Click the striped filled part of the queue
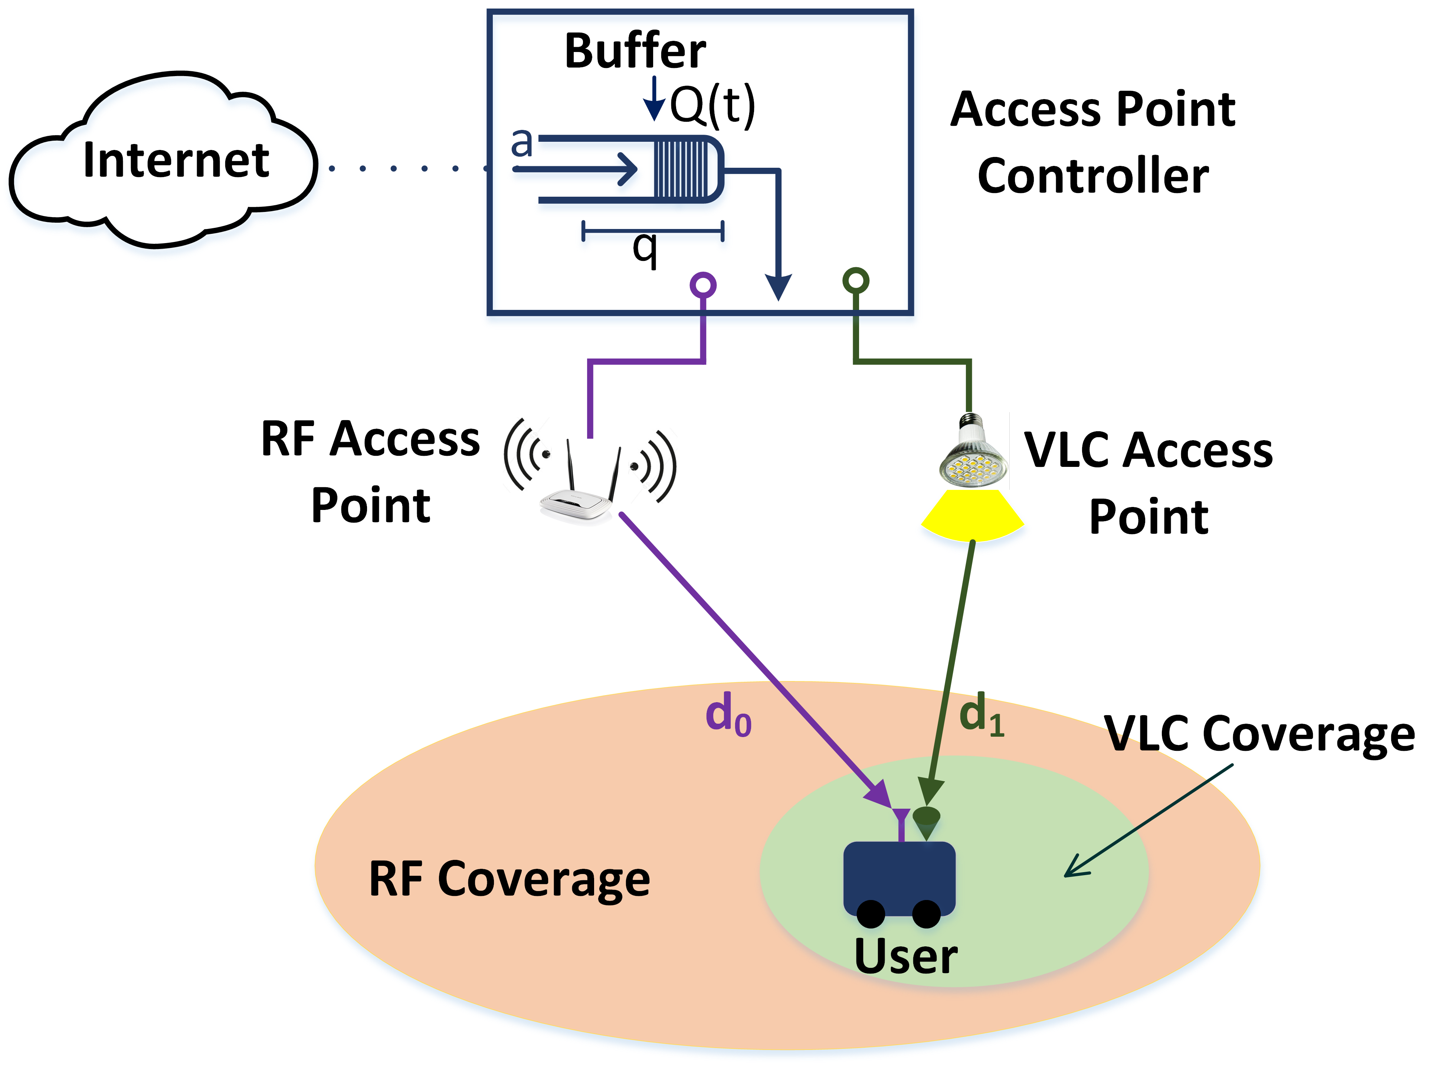coord(681,169)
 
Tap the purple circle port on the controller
coord(703,284)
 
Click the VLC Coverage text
coord(1259,734)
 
